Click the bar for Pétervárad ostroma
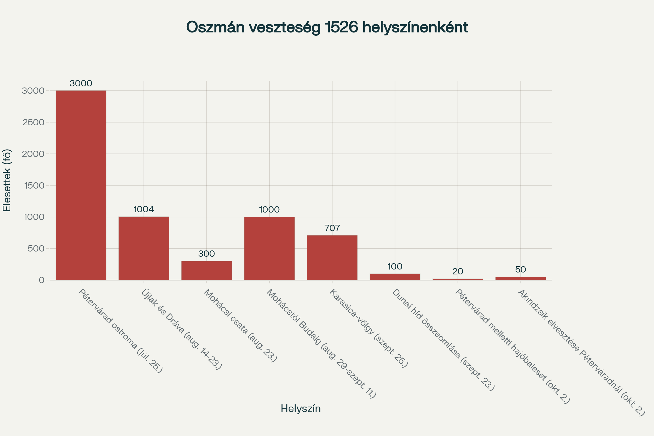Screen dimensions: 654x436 [81, 185]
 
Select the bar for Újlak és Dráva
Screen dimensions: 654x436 [144, 248]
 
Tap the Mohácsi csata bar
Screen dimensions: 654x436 [207, 271]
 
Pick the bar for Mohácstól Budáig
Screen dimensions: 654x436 [270, 248]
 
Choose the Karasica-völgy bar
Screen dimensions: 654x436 [332, 258]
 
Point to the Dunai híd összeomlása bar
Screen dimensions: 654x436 [395, 277]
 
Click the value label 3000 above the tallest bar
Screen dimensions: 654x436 [81, 83]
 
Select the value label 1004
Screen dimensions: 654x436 [144, 209]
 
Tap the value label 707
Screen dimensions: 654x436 [332, 228]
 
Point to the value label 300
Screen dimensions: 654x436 [207, 254]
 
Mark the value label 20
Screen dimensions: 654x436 [458, 271]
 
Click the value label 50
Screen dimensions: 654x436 [520, 270]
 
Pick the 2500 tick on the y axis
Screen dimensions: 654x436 [33, 122]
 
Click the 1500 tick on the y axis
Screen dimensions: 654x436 [35, 186]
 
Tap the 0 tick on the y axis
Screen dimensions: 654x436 [42, 280]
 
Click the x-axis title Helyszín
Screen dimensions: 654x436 [301, 408]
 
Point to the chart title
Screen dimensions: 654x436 [327, 27]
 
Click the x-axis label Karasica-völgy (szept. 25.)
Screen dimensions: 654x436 [369, 328]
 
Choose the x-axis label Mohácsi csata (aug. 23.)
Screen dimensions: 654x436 [241, 326]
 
